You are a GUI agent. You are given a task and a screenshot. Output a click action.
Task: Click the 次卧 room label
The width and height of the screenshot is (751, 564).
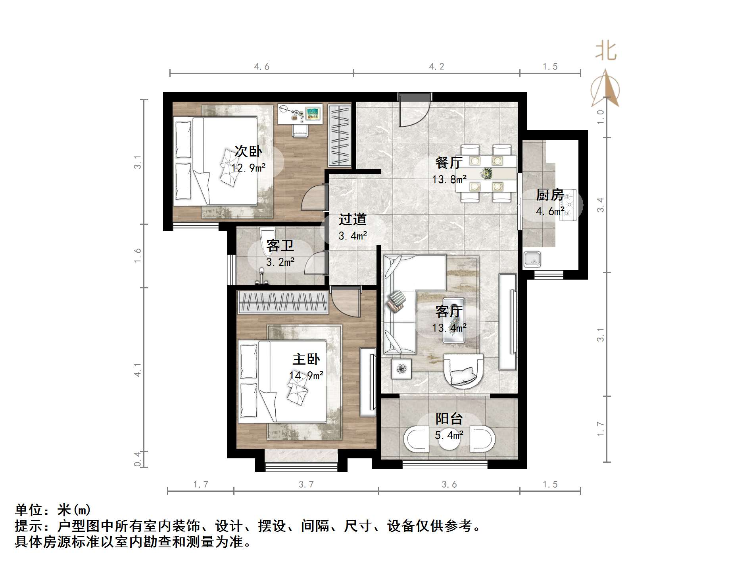248,151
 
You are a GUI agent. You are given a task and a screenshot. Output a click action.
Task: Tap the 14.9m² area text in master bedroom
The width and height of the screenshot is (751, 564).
306,375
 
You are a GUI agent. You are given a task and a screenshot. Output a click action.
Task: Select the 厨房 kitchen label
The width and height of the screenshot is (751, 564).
549,195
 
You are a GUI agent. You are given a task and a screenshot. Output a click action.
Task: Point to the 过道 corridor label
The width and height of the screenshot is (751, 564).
352,219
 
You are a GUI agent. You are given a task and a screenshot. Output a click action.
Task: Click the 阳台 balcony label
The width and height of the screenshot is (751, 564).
449,418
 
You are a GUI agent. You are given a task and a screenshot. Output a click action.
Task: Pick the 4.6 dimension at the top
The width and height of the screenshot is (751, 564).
261,67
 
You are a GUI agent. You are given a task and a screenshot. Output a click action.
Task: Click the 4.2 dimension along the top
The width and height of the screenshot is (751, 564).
436,67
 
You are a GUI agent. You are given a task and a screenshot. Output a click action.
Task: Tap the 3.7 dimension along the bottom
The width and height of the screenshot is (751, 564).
306,484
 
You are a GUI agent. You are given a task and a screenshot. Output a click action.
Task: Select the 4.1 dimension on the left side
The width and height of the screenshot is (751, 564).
138,370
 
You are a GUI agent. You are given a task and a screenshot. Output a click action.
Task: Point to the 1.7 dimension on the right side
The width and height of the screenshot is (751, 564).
601,429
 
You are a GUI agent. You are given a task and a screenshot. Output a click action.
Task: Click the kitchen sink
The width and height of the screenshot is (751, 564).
532,260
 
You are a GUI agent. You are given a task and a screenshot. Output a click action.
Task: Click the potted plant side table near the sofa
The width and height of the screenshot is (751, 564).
401,369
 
